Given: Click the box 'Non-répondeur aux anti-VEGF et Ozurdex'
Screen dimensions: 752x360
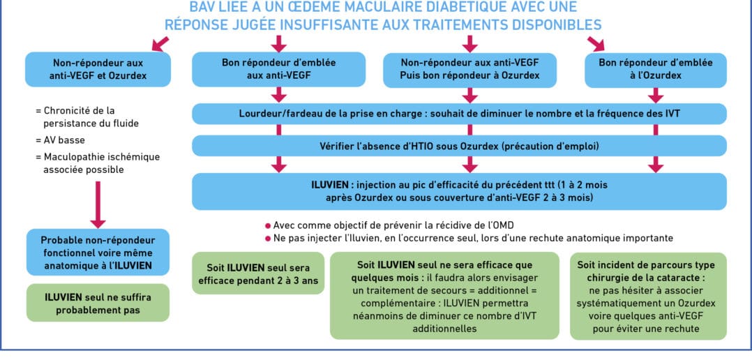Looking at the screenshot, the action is (98, 70).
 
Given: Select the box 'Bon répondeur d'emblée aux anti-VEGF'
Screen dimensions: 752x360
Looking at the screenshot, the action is (278, 70).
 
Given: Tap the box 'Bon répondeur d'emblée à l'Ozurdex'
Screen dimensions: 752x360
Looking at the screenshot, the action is (656, 70).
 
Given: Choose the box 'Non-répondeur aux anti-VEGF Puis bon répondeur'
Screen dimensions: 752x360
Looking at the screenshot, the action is (470, 70).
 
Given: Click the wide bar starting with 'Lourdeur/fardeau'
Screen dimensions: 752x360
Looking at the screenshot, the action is (460, 114).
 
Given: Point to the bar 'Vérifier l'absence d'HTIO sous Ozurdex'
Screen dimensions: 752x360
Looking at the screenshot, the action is (460, 146).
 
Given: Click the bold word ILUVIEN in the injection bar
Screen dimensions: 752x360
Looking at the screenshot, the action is (328, 185).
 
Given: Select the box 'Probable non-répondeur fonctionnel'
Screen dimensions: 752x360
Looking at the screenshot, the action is (98, 252).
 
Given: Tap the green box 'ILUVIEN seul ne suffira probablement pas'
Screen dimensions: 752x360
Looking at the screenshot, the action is (98, 303).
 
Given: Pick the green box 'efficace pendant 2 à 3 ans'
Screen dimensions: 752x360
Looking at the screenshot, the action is (258, 273).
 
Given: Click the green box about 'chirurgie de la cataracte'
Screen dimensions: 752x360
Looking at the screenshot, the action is (649, 297).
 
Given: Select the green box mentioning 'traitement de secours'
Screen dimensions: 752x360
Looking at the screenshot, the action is (444, 297).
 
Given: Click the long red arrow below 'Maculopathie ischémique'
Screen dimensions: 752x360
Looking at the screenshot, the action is (98, 204).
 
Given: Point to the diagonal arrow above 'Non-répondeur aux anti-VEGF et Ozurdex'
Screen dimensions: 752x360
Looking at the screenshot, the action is (160, 43).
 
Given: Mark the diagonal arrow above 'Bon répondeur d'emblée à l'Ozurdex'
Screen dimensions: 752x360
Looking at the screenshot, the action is (596, 43).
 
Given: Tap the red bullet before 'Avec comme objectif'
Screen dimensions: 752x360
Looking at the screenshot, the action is (268, 226).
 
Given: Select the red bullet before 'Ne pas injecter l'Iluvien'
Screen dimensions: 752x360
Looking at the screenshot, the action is (268, 238).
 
